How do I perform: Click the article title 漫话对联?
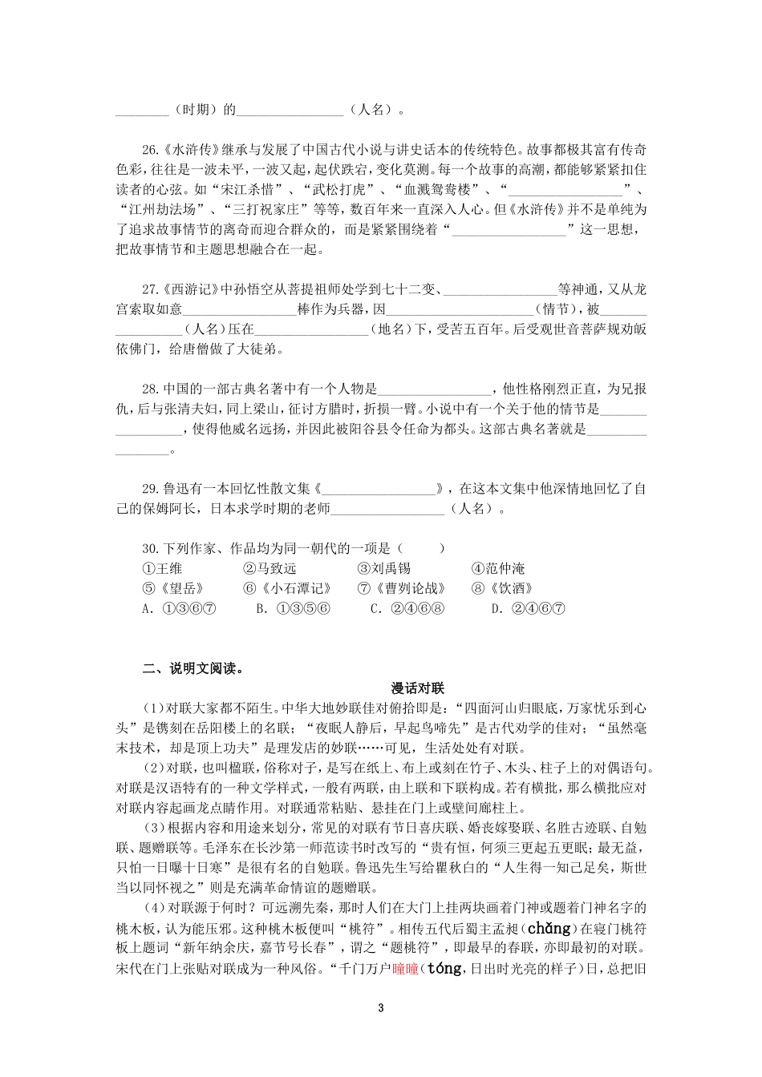point(417,688)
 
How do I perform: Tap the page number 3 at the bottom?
point(381,1008)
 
